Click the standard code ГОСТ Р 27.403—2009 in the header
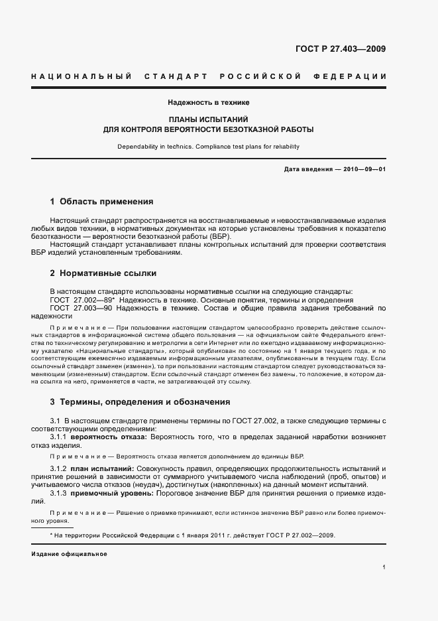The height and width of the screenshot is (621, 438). (x=341, y=48)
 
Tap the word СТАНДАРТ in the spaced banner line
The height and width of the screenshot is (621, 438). (x=173, y=77)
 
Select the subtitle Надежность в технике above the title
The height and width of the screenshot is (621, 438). (x=208, y=103)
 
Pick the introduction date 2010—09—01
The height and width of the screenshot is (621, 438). (x=364, y=169)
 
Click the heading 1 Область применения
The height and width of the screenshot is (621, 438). (x=101, y=201)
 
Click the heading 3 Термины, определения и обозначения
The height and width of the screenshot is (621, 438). (x=140, y=401)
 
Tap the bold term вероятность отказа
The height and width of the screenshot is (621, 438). (x=113, y=439)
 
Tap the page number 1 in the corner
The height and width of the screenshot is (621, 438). (x=384, y=567)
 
